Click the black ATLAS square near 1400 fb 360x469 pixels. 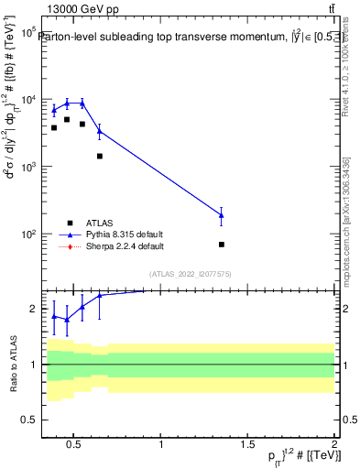click(x=100, y=156)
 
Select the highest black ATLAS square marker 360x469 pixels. click(x=67, y=119)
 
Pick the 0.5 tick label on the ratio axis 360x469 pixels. click(x=27, y=420)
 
